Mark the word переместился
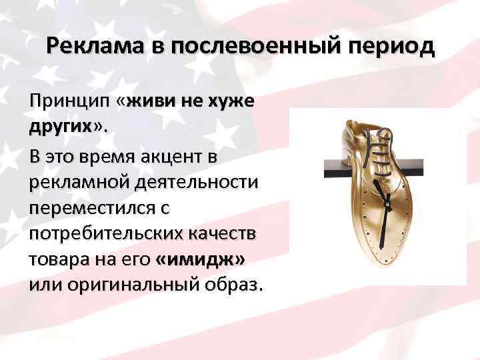pos(88,208)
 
